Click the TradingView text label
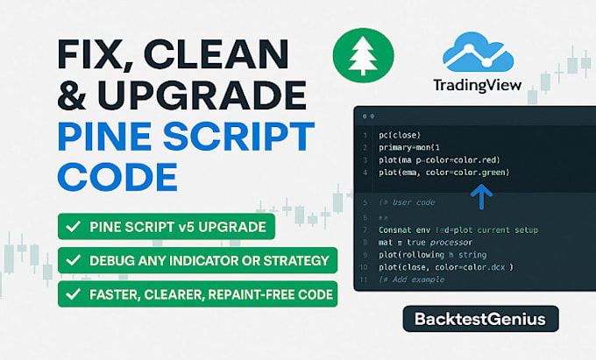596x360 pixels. coord(478,85)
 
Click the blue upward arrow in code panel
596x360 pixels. coord(481,198)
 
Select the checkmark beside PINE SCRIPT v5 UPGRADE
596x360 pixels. coord(72,228)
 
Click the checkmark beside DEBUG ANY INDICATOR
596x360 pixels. coord(72,261)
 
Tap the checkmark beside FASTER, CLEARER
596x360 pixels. coord(72,293)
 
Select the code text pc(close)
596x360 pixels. coord(400,135)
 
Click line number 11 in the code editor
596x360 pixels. coord(364,279)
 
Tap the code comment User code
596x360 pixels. coord(409,203)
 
